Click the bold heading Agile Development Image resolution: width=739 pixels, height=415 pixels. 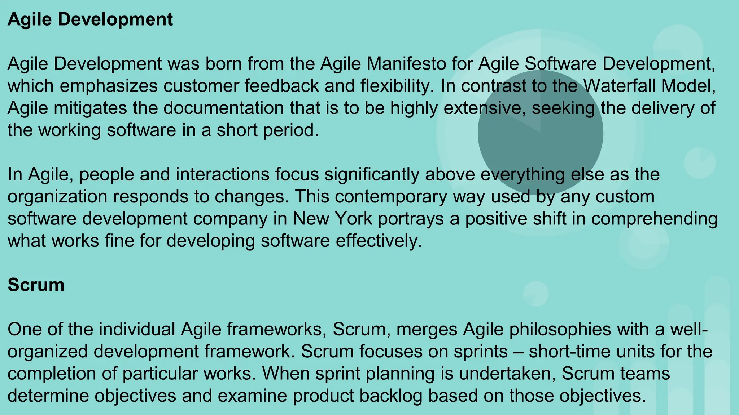90,19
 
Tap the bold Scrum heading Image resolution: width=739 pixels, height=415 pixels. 36,285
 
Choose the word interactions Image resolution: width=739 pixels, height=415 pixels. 223,174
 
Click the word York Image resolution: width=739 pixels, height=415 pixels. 353,219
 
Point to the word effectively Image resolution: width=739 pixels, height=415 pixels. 379,241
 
